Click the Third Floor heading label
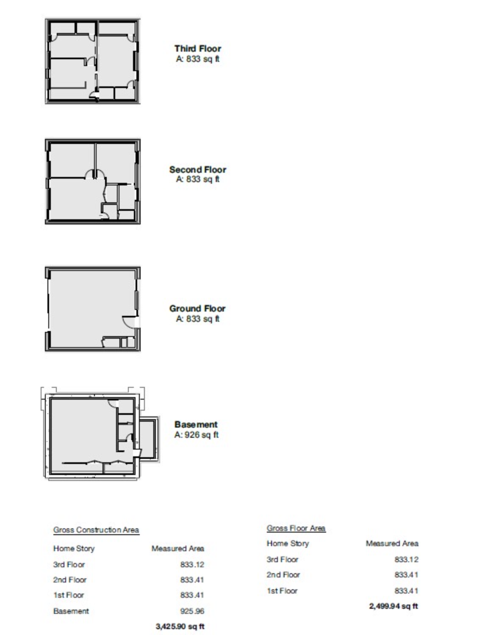click(198, 48)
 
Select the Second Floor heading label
click(198, 169)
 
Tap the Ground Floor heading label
click(197, 308)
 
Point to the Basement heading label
click(196, 425)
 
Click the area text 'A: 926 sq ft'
click(197, 435)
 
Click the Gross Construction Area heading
click(96, 530)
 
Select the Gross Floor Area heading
click(296, 528)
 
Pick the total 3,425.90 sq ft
click(180, 626)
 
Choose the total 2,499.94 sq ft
click(393, 606)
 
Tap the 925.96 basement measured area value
click(192, 611)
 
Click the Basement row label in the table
click(71, 611)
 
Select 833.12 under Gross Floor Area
click(406, 559)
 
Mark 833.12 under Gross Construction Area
click(192, 564)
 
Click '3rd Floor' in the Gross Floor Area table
click(282, 559)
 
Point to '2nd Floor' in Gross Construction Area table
click(70, 580)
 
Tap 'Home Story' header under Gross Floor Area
click(288, 543)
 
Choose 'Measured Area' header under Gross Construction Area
click(178, 548)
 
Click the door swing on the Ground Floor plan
click(129, 322)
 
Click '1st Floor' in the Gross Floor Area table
click(282, 591)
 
